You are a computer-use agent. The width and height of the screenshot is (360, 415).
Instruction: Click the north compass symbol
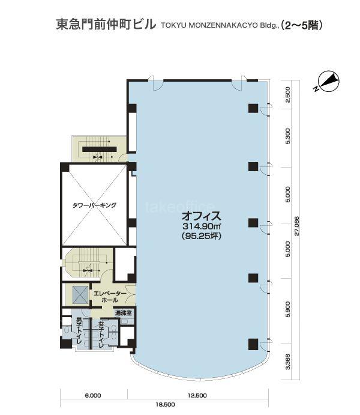click(328, 80)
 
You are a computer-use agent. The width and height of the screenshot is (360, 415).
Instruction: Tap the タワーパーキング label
click(94, 205)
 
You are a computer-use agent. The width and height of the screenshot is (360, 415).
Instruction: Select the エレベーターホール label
click(110, 297)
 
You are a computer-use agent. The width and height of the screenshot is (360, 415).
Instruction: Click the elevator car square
click(80, 294)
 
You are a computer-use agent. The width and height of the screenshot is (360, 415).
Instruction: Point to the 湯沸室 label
click(123, 313)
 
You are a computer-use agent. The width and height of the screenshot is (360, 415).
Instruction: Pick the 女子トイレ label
click(101, 335)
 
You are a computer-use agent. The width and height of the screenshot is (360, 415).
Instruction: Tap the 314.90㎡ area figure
click(202, 226)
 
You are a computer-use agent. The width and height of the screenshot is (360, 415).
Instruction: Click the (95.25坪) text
click(202, 236)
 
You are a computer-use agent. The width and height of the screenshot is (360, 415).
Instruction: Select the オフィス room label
click(201, 216)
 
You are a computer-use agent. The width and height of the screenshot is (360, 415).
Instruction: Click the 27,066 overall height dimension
click(296, 226)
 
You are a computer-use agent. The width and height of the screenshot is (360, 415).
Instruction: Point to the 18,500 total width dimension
click(165, 405)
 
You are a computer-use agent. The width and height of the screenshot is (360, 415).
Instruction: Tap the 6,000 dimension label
click(93, 396)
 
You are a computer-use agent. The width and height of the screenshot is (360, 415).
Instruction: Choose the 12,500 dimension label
click(197, 396)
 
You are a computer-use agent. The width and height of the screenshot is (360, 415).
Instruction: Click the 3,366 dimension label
click(288, 362)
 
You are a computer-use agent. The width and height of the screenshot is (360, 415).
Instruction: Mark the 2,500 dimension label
click(288, 94)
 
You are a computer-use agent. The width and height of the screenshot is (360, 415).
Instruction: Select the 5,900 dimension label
click(288, 309)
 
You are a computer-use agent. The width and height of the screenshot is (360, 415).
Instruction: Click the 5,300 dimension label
click(288, 136)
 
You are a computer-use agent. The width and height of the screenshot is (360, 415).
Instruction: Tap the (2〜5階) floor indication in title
click(302, 25)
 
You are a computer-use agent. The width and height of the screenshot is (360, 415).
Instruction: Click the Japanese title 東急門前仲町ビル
click(106, 25)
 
